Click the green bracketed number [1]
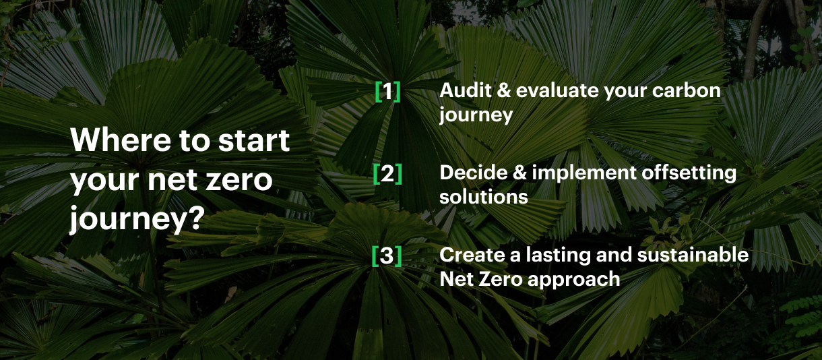[x=387, y=92]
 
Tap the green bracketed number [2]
[x=387, y=174]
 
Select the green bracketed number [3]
[x=387, y=256]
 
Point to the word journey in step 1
[x=476, y=115]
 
